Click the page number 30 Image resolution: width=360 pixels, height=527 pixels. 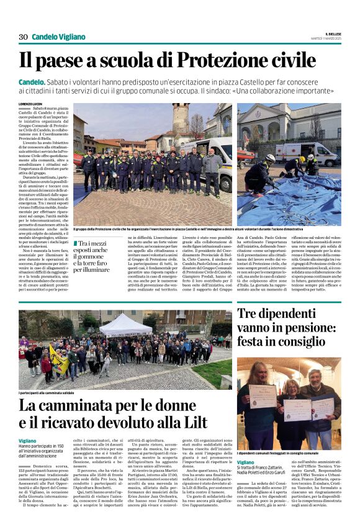(23, 37)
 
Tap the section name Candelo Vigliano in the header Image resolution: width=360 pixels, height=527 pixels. (59, 37)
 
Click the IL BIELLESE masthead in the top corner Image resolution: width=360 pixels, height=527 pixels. (330, 33)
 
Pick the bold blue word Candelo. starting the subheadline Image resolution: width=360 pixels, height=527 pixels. (31, 81)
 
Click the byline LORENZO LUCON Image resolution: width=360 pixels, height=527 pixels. (31, 104)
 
